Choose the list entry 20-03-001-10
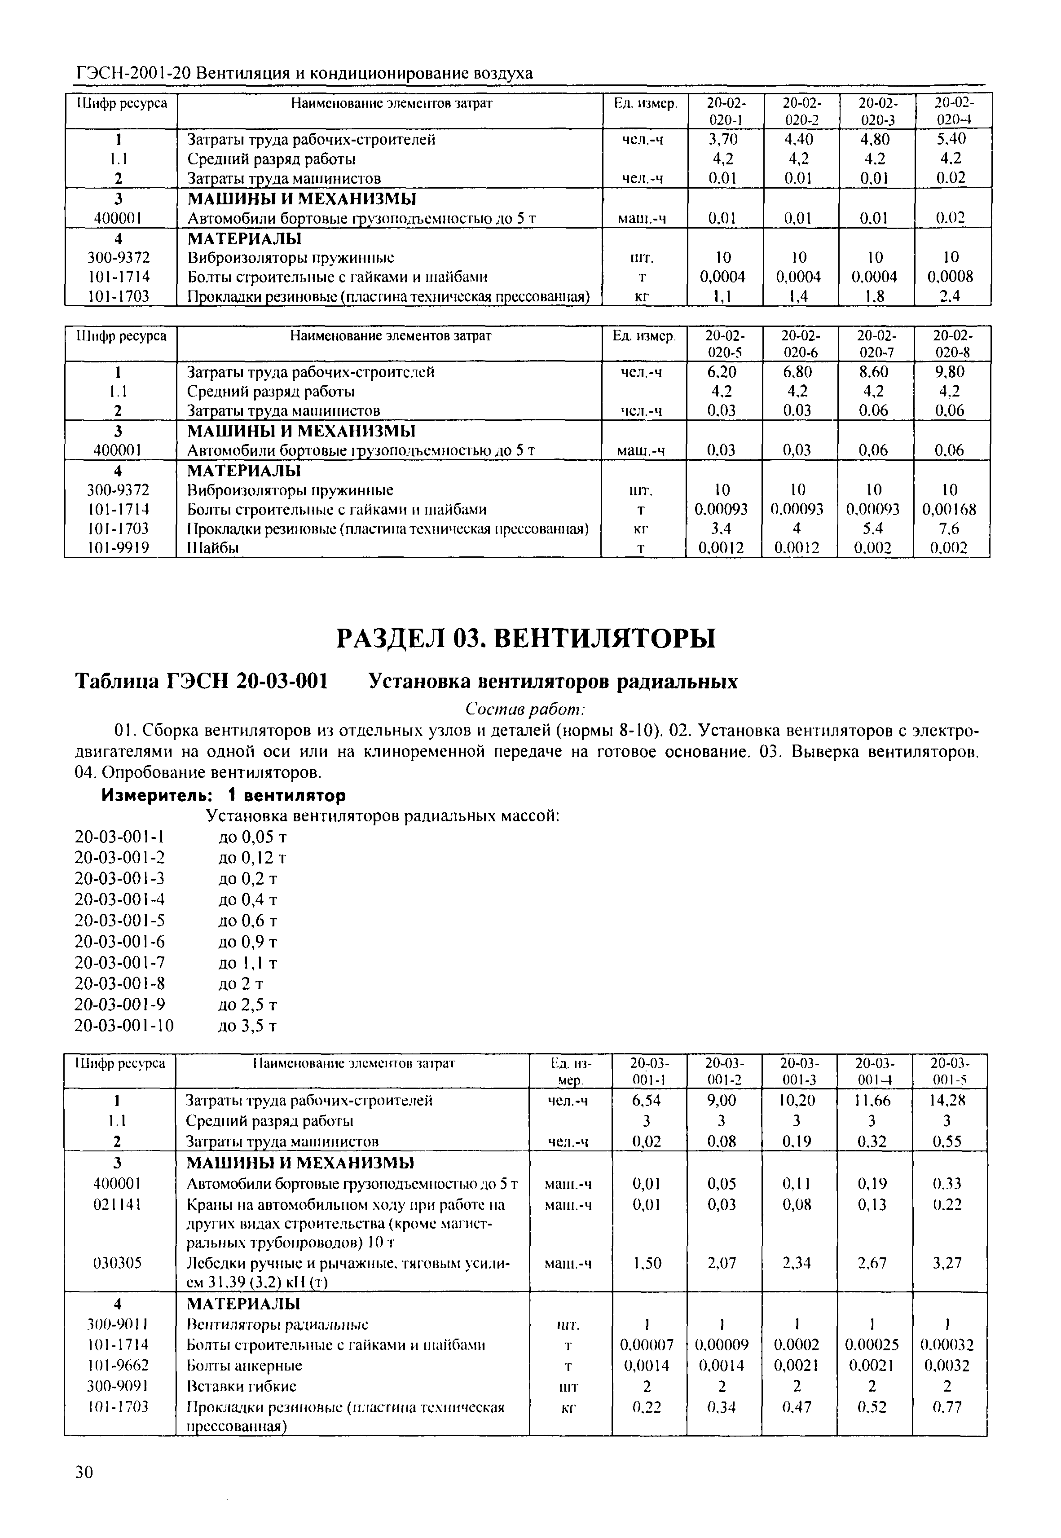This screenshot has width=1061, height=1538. point(123,1026)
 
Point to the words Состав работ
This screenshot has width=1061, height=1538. point(525,709)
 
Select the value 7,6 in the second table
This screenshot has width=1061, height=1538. point(950,529)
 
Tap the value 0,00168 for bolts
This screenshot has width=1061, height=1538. point(950,509)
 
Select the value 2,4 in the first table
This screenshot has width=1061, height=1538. point(950,296)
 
